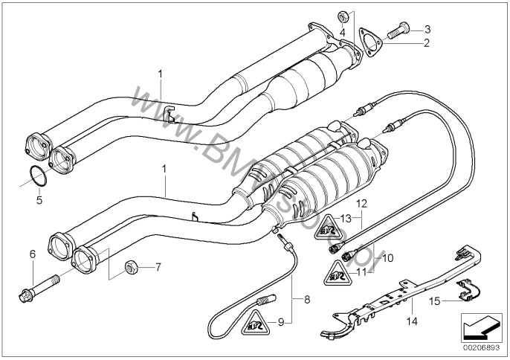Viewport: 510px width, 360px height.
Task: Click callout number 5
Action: pos(39,200)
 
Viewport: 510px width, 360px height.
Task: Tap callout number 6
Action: pos(32,254)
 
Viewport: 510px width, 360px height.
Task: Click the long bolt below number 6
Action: pos(42,286)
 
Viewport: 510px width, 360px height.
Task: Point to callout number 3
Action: pos(427,28)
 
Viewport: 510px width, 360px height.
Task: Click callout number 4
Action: pos(342,33)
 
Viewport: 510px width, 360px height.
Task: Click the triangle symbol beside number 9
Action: pos(256,324)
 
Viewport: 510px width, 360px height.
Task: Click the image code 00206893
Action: pos(480,347)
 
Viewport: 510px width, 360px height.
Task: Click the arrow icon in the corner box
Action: pos(480,326)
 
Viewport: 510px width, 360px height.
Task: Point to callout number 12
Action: pos(361,202)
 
